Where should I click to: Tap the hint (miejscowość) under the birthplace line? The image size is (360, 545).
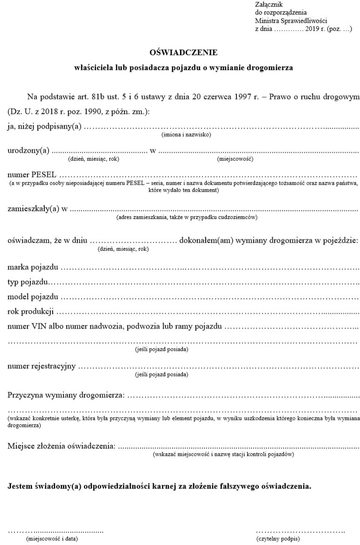[x=235, y=159]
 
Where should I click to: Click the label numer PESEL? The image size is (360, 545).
[x=31, y=175]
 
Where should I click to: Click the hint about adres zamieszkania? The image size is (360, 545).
[x=187, y=217]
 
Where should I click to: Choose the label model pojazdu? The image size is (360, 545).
[x=33, y=297]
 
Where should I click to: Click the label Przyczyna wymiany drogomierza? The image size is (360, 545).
[x=66, y=396]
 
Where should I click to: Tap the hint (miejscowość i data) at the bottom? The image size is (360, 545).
[x=51, y=538]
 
